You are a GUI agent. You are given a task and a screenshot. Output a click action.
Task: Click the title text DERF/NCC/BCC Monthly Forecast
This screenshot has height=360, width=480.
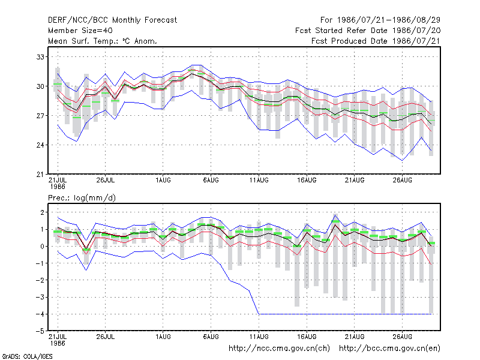[112, 20]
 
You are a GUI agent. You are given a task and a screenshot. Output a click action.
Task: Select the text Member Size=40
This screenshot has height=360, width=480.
[80, 31]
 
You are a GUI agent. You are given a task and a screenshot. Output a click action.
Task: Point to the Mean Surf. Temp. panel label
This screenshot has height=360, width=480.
[103, 41]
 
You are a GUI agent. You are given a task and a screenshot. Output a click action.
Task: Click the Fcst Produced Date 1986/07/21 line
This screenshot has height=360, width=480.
[376, 41]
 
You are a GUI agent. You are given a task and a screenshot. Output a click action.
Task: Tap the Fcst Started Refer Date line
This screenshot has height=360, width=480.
[368, 31]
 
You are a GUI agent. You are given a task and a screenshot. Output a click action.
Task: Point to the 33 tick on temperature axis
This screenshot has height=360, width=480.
[40, 57]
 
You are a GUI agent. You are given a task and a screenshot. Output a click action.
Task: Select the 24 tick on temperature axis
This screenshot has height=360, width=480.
[40, 145]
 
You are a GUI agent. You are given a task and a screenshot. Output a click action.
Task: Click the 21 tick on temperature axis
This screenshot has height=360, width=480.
[40, 175]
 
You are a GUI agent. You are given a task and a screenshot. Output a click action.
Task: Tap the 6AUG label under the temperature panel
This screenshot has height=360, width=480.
[211, 180]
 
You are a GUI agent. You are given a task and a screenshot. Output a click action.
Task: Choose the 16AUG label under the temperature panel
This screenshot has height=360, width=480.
[307, 180]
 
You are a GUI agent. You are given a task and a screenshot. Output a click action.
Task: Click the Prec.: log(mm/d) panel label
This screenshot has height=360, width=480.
[82, 198]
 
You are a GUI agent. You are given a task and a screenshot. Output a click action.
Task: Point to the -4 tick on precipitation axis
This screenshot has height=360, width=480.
[40, 314]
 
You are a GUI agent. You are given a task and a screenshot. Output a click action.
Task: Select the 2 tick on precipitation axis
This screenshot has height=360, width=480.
[42, 212]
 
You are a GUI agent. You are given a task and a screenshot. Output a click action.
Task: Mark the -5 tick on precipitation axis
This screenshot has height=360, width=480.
[40, 331]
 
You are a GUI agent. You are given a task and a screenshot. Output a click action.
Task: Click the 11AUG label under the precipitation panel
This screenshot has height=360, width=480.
[259, 337]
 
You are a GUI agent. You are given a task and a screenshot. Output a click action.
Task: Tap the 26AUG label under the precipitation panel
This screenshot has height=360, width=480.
[402, 337]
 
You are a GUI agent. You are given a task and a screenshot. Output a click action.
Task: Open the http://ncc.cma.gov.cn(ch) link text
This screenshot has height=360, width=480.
[279, 349]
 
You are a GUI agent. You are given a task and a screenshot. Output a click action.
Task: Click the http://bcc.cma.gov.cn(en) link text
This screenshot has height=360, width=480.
[389, 349]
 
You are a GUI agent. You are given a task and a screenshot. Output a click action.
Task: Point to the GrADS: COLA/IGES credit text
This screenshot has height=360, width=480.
[27, 356]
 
